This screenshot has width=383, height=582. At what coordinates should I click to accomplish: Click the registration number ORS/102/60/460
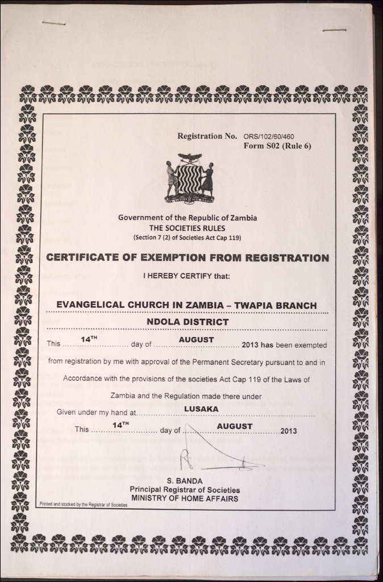point(269,136)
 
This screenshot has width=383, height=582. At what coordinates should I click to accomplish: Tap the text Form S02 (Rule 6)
point(277,145)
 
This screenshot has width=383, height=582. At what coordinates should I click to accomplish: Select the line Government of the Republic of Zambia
point(188,218)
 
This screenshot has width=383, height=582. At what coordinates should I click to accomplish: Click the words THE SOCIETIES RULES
point(188,227)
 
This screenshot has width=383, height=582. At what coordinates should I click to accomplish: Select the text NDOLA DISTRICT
point(188,322)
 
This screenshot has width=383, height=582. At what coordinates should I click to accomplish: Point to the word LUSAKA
point(201,408)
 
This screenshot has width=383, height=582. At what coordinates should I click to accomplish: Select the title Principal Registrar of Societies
point(185,490)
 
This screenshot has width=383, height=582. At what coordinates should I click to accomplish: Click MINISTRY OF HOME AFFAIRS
point(185,498)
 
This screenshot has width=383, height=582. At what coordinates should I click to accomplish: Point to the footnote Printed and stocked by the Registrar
point(83,504)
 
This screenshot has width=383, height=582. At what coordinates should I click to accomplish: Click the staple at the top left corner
point(53,23)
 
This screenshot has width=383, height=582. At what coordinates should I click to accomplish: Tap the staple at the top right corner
point(334,30)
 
